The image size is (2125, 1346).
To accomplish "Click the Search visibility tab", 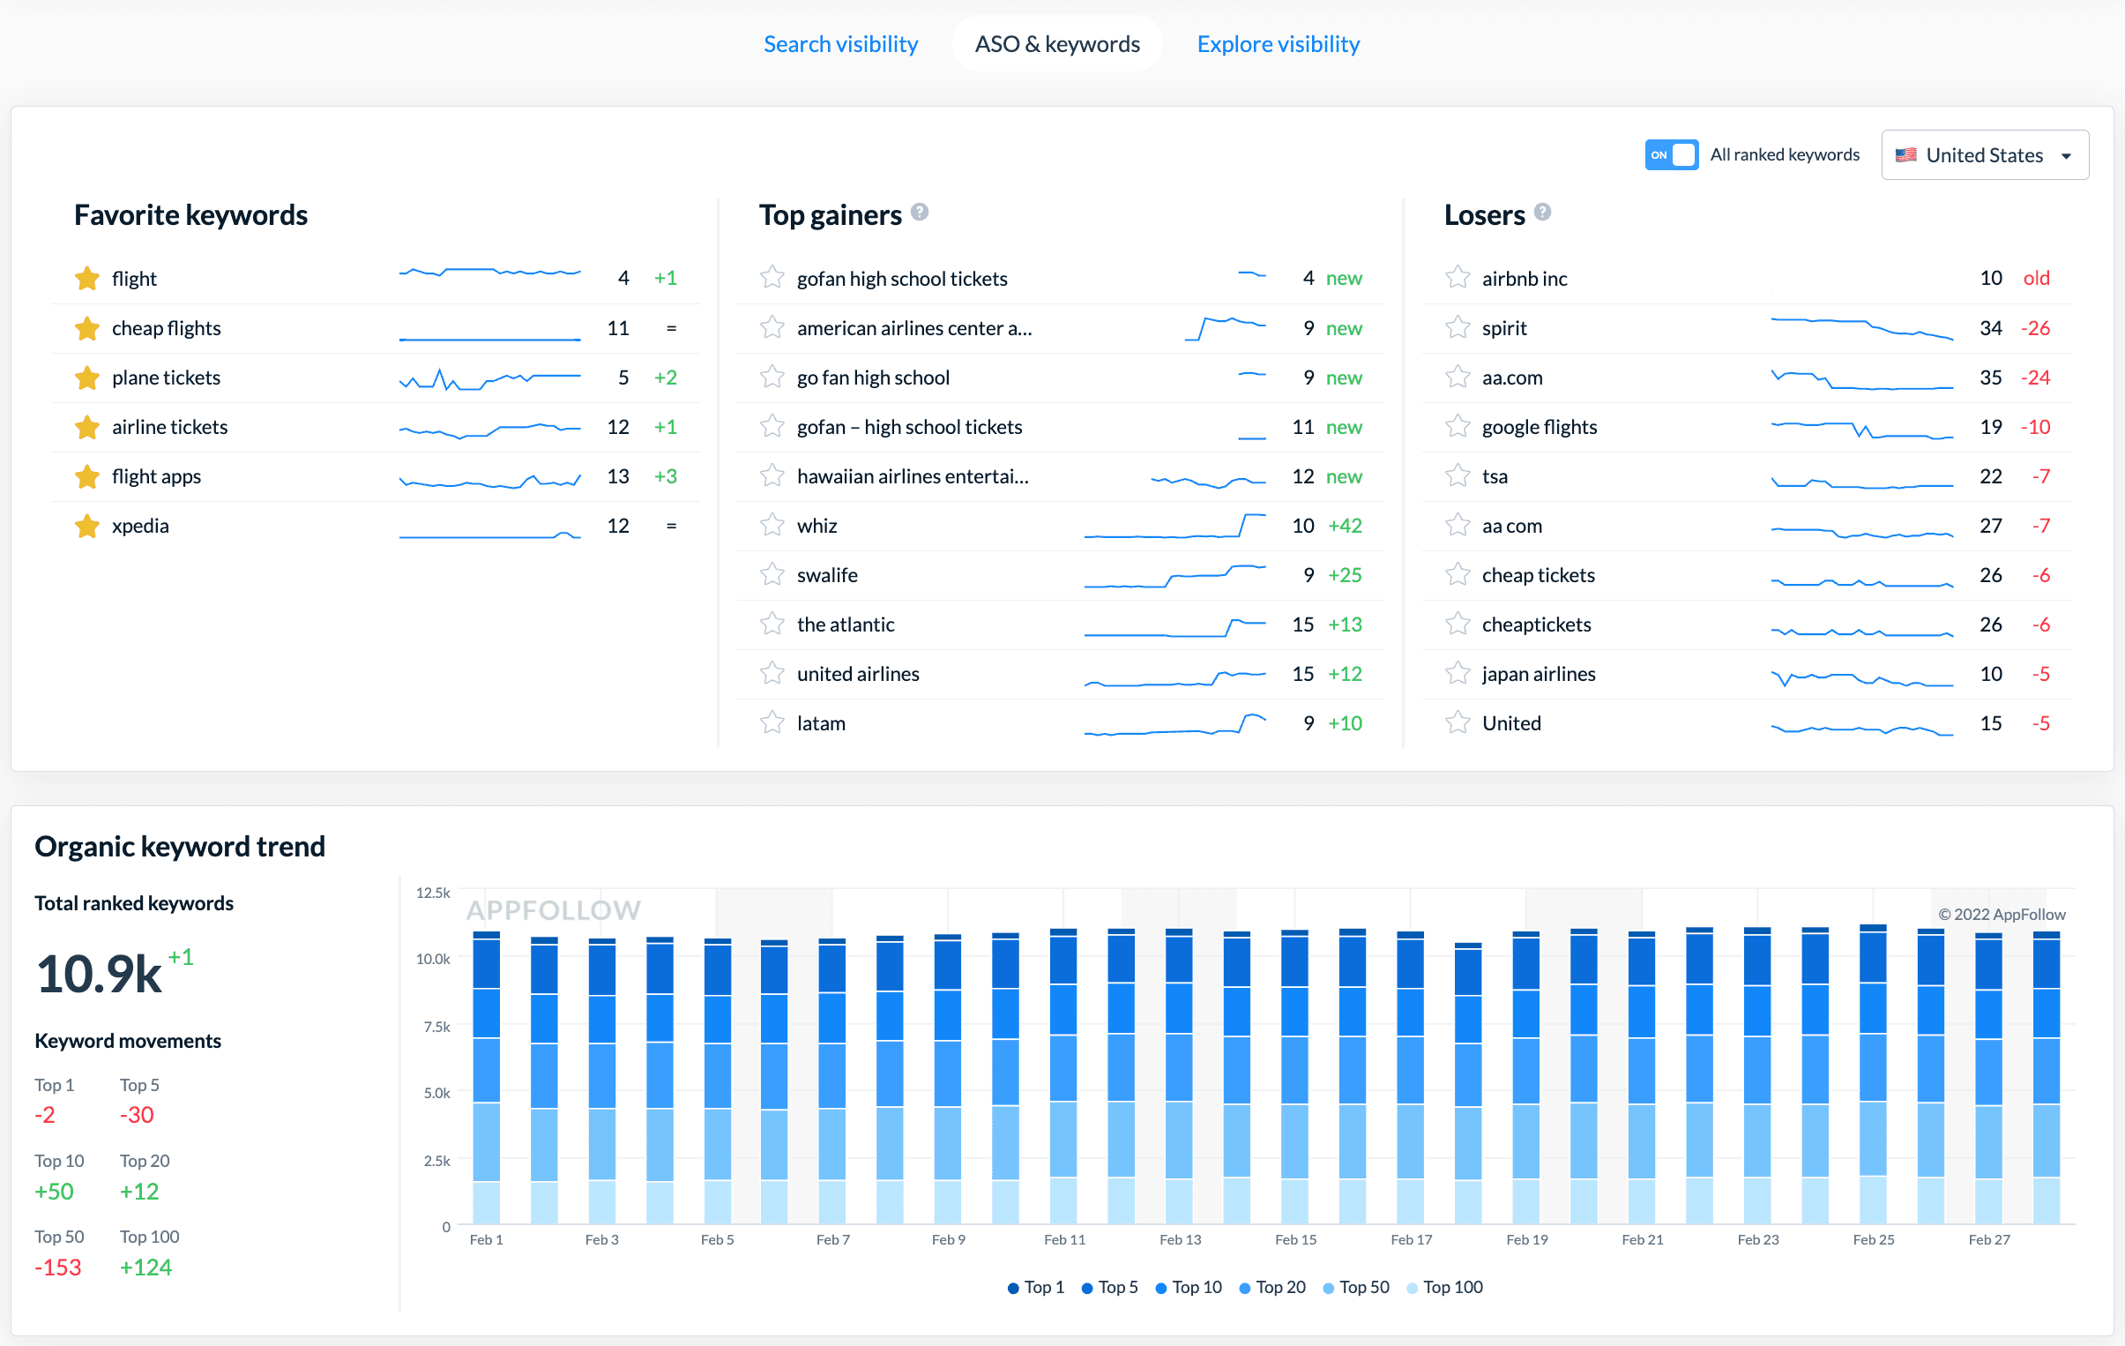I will click(840, 44).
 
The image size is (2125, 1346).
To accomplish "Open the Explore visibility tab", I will click(1278, 44).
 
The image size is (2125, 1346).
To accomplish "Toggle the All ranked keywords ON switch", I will click(1671, 154).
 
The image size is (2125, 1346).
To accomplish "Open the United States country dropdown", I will click(1984, 155).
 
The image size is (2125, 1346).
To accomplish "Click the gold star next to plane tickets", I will click(86, 378).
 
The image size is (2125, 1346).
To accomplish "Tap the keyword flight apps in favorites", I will click(156, 476).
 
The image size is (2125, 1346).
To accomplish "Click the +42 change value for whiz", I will click(1345, 526).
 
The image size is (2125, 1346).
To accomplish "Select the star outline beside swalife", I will click(772, 575).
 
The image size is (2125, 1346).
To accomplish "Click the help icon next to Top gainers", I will click(920, 213).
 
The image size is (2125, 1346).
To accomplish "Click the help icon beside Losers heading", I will click(1542, 213).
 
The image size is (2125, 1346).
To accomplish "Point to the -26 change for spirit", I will click(2035, 328).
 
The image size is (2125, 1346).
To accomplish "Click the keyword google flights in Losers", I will click(1539, 427).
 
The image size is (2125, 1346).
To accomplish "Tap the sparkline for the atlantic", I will click(1174, 627).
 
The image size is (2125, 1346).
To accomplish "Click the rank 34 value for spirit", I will click(1991, 328).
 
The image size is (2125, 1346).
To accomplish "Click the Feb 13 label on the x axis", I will click(1180, 1239).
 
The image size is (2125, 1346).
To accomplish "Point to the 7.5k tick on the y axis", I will click(436, 1027).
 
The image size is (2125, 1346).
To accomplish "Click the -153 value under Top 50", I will click(58, 1267).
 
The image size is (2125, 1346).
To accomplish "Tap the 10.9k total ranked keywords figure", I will click(98, 975).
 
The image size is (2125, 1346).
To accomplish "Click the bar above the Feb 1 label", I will click(486, 1077).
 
